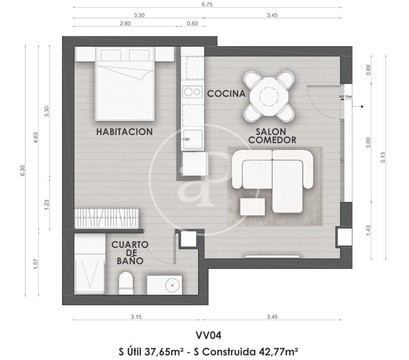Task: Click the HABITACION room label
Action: click(125, 132)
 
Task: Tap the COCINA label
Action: click(226, 94)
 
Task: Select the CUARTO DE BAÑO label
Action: click(130, 253)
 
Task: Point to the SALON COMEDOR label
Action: click(272, 136)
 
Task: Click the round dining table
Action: click(269, 97)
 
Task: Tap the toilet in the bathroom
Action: click(126, 283)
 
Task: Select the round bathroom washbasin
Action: click(173, 285)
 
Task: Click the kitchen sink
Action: click(193, 140)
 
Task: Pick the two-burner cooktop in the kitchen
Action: click(193, 91)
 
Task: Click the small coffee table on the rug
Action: click(253, 207)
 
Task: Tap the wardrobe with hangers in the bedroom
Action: click(107, 218)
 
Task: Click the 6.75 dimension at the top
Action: click(207, 5)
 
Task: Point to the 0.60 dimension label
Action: click(192, 23)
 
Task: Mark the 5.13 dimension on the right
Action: click(383, 157)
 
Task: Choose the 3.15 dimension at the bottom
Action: click(136, 317)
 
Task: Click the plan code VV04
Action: click(208, 336)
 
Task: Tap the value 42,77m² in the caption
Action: click(278, 352)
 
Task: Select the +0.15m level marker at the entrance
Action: click(346, 97)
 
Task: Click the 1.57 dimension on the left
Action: click(36, 264)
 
